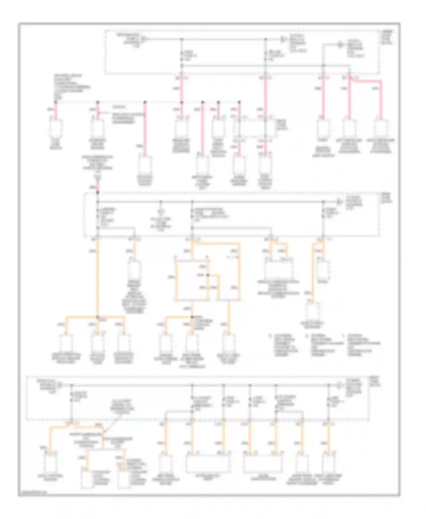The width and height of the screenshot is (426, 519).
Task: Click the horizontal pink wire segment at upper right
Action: pyautogui.click(x=366, y=81)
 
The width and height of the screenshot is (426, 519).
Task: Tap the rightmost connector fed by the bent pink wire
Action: pyautogui.click(x=381, y=128)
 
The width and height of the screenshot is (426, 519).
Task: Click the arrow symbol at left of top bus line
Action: pyautogui.click(x=144, y=39)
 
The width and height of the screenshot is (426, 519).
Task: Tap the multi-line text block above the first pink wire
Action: pyautogui.click(x=71, y=87)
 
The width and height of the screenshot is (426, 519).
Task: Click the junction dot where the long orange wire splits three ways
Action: pyautogui.click(x=98, y=317)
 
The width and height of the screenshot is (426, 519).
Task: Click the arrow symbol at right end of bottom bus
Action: pyautogui.click(x=340, y=385)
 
